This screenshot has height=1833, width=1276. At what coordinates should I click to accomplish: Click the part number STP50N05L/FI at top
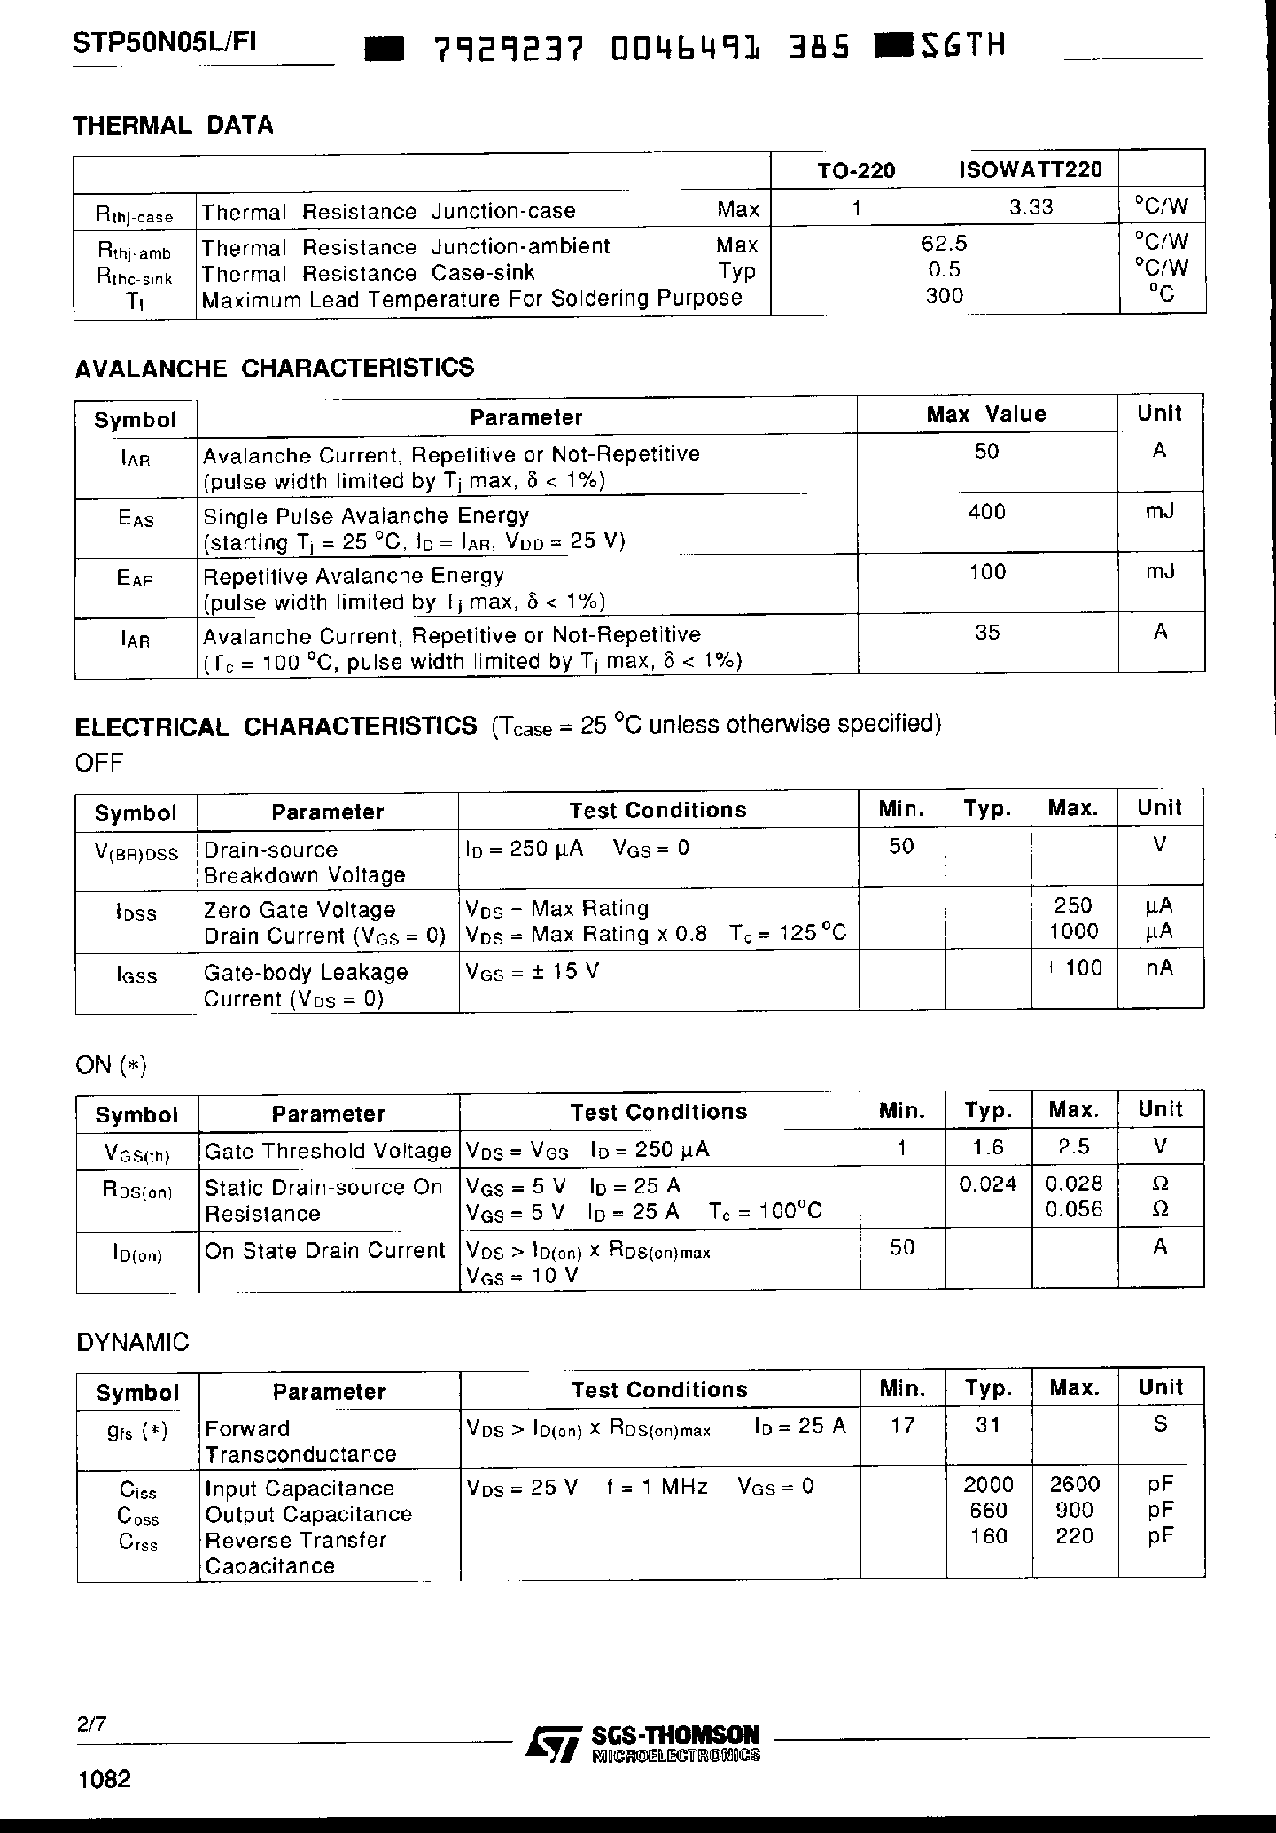165,44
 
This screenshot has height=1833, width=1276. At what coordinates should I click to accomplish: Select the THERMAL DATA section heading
174,126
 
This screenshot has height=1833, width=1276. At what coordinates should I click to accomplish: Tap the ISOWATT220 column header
1031,169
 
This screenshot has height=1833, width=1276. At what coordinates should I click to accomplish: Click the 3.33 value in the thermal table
1031,207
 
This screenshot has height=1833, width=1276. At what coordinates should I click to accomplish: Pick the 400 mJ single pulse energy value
987,512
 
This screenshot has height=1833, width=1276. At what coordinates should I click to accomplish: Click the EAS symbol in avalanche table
136,517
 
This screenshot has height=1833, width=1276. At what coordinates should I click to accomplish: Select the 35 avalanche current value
987,633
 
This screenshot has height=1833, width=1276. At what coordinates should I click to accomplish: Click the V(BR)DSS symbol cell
136,852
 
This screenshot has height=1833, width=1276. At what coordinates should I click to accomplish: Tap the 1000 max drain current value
1073,931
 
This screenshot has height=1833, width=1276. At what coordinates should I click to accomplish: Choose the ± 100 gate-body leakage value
1073,968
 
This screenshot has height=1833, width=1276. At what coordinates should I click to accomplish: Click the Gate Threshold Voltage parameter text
328,1151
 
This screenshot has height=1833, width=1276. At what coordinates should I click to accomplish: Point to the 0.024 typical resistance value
988,1184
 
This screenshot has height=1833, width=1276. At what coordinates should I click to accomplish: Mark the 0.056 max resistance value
1074,1209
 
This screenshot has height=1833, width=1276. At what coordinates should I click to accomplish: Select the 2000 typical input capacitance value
988,1485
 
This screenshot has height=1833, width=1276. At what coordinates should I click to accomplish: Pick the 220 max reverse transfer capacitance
1074,1536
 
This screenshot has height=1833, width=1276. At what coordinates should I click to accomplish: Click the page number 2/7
91,1724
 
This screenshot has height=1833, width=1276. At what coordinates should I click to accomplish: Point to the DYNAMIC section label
133,1342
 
